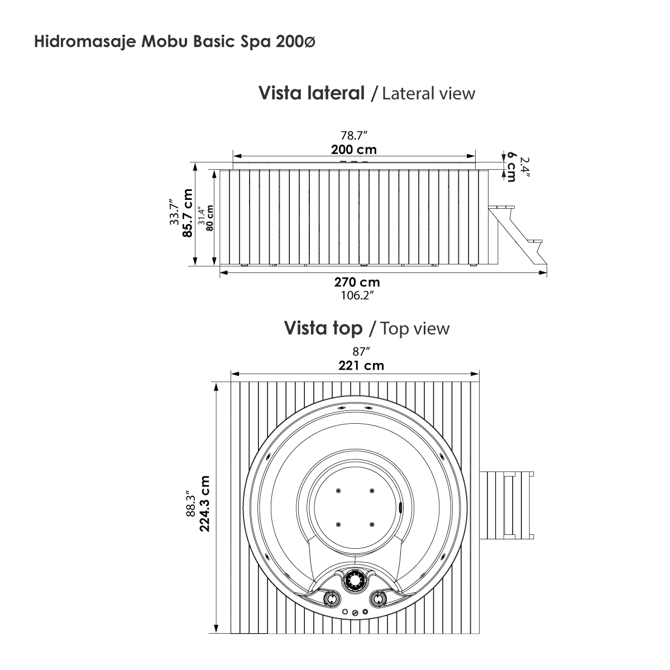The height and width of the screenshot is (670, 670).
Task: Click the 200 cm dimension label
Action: coord(353,150)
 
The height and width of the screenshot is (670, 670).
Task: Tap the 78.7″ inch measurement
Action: coord(353,135)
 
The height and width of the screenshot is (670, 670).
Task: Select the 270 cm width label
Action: coord(357,282)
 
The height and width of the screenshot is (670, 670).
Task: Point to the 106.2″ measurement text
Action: coord(357,295)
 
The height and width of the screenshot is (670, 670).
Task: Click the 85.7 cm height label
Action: coord(188,213)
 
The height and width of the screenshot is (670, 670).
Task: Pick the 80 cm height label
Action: coord(210,218)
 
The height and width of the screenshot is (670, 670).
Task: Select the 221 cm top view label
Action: coord(361,365)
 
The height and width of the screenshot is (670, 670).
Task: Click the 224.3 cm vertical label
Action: coord(205,504)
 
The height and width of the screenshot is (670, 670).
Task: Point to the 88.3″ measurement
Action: coord(192,504)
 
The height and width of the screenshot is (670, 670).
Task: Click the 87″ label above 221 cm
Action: coord(361,352)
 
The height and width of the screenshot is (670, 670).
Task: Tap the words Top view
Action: coord(415,328)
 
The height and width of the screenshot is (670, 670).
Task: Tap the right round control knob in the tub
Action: coord(378,599)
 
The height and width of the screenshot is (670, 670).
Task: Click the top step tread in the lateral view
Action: coord(501,207)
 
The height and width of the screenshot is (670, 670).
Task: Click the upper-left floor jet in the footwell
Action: coord(338,491)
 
